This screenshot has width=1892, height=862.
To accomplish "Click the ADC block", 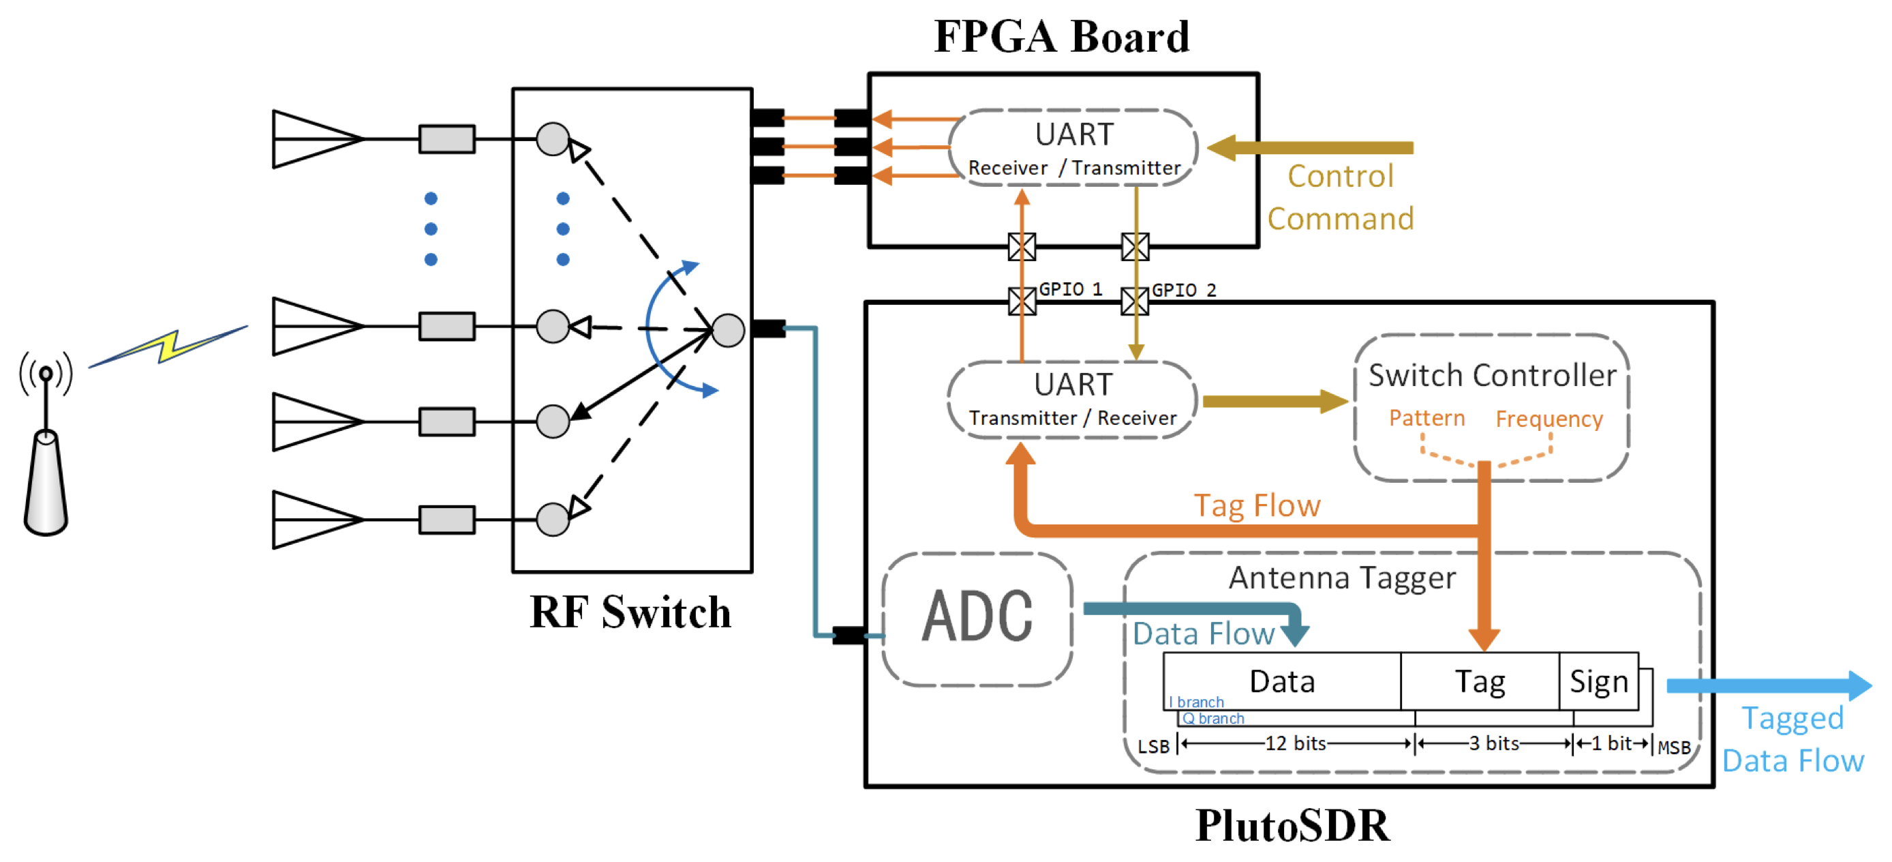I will click(977, 617).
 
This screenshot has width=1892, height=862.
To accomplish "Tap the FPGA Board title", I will click(1061, 37).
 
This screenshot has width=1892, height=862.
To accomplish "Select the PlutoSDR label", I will click(1292, 825).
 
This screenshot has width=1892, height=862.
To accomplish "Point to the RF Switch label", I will click(630, 612).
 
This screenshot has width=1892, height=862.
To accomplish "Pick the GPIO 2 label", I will click(1183, 291).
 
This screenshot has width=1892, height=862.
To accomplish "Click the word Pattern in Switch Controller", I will click(1426, 418).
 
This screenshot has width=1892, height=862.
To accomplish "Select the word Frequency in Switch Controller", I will click(1549, 419).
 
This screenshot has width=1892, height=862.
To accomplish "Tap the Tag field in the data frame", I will click(1479, 681).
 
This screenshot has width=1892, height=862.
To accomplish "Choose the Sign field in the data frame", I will click(1598, 681).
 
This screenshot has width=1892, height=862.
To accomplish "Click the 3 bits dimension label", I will click(1494, 744).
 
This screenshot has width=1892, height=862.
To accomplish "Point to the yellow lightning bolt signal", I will click(169, 346).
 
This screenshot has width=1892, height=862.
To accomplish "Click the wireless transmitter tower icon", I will click(46, 448).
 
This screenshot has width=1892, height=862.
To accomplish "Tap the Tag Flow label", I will click(1257, 505).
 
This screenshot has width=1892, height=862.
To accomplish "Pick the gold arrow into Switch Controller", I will click(1275, 401).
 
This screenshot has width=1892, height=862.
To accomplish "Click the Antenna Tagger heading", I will click(1342, 578).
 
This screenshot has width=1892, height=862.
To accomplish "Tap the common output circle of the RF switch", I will click(728, 330).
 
